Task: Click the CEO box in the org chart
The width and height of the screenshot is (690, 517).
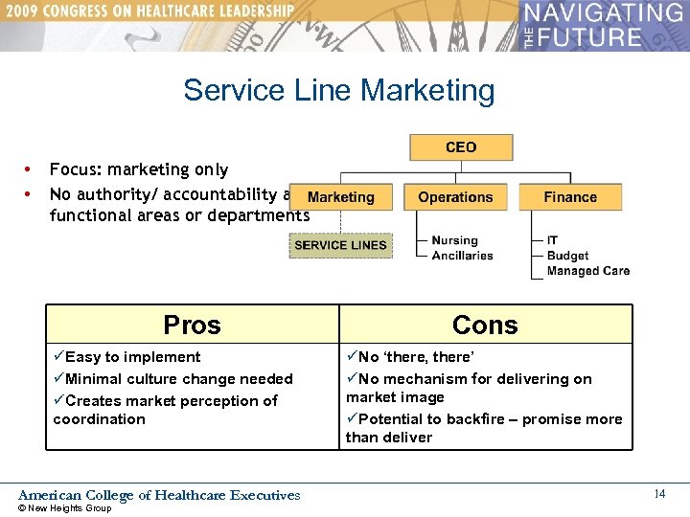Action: click(x=461, y=147)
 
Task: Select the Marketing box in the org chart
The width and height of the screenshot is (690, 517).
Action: click(x=340, y=197)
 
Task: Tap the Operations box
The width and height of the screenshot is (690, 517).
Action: click(x=455, y=197)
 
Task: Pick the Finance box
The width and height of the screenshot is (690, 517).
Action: click(x=570, y=197)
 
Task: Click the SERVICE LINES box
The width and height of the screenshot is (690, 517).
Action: click(x=340, y=245)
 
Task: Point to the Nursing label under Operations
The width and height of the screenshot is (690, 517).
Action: click(x=454, y=240)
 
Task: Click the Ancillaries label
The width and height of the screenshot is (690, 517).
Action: click(x=462, y=256)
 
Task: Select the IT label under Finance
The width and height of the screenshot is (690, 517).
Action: click(x=552, y=240)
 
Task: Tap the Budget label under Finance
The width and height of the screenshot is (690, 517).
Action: click(x=567, y=256)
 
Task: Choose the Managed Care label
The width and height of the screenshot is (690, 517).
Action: click(x=587, y=271)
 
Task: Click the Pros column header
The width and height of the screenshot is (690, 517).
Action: click(x=192, y=325)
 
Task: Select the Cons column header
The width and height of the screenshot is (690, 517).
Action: click(x=485, y=325)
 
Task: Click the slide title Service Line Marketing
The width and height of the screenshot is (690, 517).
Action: click(x=339, y=90)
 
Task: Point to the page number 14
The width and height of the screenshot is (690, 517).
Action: click(x=659, y=494)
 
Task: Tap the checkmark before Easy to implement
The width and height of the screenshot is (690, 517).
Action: click(x=59, y=357)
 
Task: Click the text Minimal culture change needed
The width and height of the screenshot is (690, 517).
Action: click(x=179, y=379)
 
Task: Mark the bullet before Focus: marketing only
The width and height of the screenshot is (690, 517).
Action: click(x=30, y=169)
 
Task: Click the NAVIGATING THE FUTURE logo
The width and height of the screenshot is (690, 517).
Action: click(x=604, y=26)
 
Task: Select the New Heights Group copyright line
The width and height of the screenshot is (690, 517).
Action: click(x=65, y=508)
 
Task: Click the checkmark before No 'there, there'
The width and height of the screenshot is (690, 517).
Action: click(x=352, y=357)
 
